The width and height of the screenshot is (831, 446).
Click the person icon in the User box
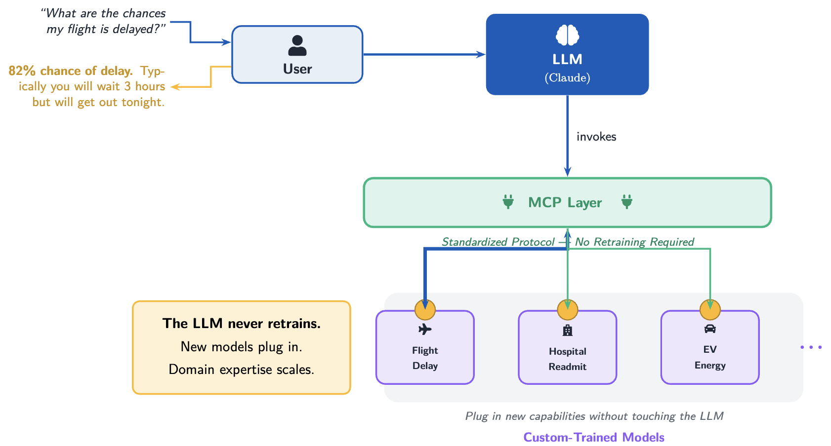(297, 45)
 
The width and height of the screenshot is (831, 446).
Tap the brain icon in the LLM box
(567, 35)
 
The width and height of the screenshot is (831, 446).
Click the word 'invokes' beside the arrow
(596, 137)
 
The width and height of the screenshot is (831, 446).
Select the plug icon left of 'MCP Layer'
(508, 202)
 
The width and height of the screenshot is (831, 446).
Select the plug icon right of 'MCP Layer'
(626, 202)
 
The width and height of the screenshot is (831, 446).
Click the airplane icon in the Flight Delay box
(425, 329)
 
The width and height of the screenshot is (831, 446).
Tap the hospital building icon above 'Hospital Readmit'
(568, 330)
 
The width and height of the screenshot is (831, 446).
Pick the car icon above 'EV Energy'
(710, 329)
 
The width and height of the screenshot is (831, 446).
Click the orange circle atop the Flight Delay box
(425, 310)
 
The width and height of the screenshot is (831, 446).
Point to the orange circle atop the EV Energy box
(710, 310)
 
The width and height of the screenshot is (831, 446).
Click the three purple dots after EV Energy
(811, 347)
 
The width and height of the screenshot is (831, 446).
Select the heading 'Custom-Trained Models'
(593, 437)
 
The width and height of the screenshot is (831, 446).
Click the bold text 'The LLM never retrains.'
(242, 324)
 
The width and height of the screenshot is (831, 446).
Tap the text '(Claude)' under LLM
(567, 78)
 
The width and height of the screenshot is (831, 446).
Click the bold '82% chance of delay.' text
(71, 71)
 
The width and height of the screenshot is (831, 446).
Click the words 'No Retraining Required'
(634, 242)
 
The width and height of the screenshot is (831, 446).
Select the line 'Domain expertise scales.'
(242, 370)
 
